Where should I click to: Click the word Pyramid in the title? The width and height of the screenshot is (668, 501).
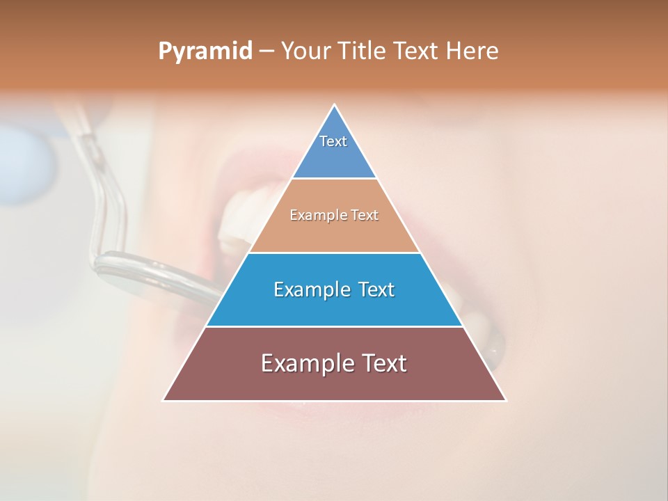[x=205, y=51]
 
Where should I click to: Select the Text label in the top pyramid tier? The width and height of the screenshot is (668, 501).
[x=333, y=141]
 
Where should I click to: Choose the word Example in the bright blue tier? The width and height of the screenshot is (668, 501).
[x=311, y=289]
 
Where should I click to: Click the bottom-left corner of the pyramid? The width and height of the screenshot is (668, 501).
[x=164, y=400]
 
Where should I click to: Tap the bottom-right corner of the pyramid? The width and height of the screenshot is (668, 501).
[x=506, y=400]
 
